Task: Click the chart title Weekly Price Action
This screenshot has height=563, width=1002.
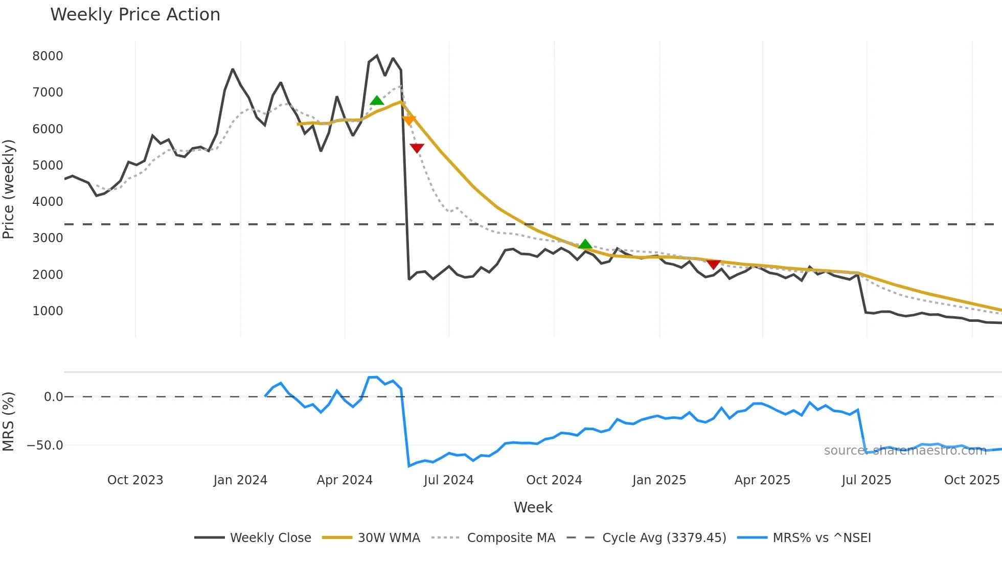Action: pyautogui.click(x=135, y=15)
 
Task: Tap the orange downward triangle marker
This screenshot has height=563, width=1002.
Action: pyautogui.click(x=409, y=120)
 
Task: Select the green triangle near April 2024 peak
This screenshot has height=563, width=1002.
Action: pyautogui.click(x=377, y=100)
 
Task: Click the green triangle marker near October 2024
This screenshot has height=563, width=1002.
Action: pyautogui.click(x=585, y=244)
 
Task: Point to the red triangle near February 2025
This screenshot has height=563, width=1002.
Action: pyautogui.click(x=713, y=264)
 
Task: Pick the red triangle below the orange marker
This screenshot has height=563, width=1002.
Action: pyautogui.click(x=417, y=148)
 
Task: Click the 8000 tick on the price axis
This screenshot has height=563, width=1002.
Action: pyautogui.click(x=48, y=56)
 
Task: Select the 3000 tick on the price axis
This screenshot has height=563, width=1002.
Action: pyautogui.click(x=48, y=238)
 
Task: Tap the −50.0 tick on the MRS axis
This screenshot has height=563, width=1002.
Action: pyautogui.click(x=45, y=445)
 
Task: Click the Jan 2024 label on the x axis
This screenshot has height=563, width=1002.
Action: pyautogui.click(x=240, y=480)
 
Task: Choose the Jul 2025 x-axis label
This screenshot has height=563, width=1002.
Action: pyautogui.click(x=866, y=480)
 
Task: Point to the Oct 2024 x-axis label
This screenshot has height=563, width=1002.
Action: pyautogui.click(x=554, y=480)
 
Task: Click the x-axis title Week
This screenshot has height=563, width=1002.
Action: pyautogui.click(x=533, y=507)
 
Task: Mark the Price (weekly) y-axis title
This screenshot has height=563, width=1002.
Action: pyautogui.click(x=9, y=189)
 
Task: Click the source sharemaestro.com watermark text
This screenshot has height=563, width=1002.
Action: pyautogui.click(x=905, y=451)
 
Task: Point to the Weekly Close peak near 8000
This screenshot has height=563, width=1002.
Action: pyautogui.click(x=377, y=56)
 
